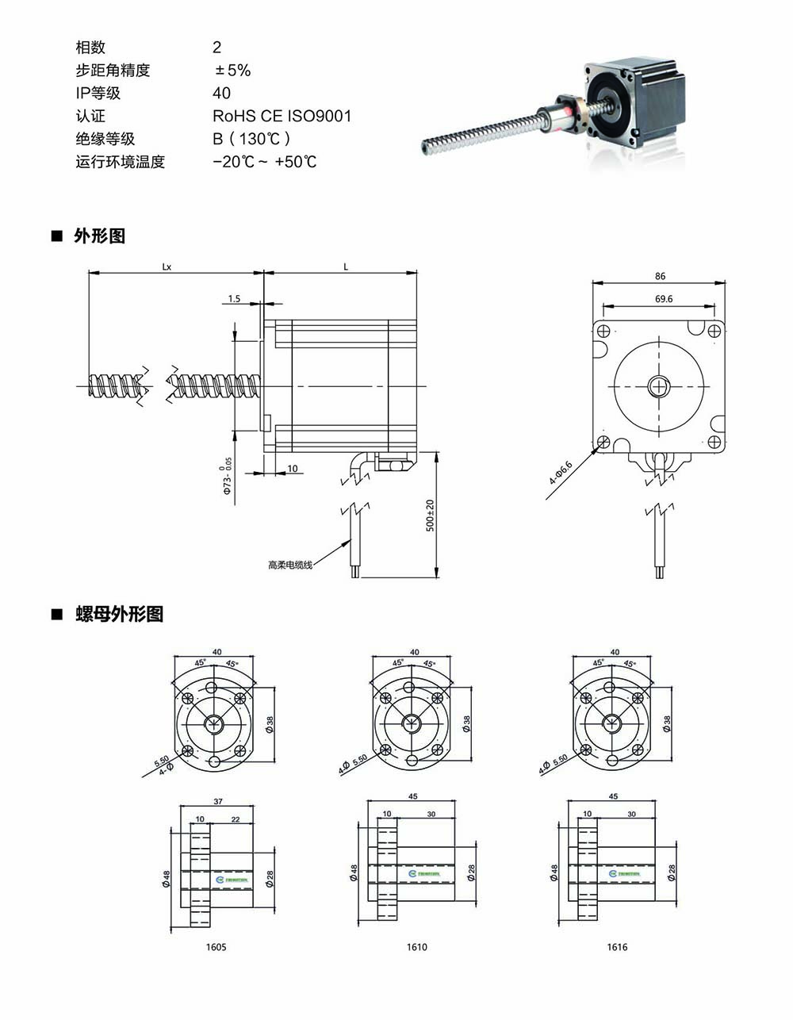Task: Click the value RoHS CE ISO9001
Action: [x=282, y=116]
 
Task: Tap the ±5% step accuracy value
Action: [x=232, y=70]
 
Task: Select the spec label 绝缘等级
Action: [x=105, y=139]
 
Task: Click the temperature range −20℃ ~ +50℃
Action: [x=265, y=162]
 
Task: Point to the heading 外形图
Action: [x=99, y=236]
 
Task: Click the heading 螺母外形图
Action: [x=119, y=614]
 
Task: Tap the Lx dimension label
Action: [x=167, y=267]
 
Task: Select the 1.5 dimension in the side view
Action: [x=234, y=299]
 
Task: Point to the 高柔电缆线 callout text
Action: [x=290, y=565]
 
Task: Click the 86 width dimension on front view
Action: [x=661, y=276]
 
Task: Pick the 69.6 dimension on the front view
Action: [x=664, y=299]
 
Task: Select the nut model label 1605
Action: [x=216, y=946]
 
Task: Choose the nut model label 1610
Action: [x=416, y=946]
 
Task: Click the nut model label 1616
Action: [x=617, y=946]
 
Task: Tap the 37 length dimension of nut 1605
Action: [x=216, y=801]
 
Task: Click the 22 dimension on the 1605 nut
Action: [x=235, y=819]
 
